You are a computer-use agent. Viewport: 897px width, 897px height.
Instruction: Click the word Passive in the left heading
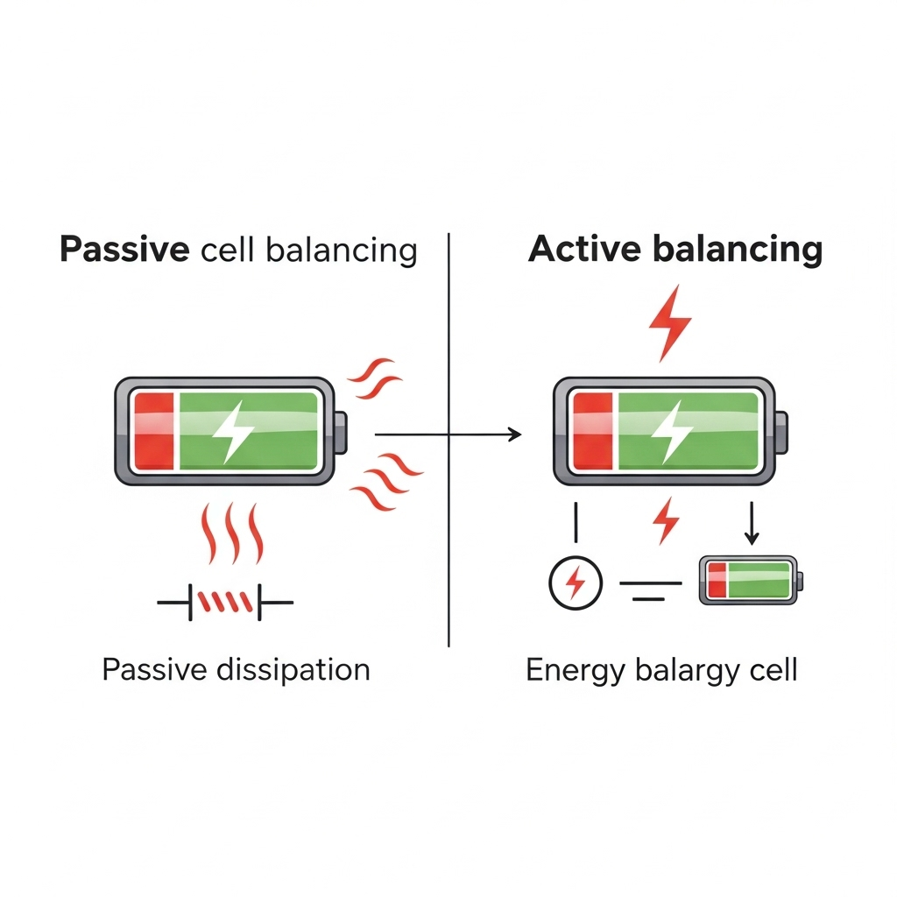click(124, 251)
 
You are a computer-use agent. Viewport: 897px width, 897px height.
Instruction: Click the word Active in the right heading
click(585, 250)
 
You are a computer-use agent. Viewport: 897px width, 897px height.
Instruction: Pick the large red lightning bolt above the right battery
click(670, 322)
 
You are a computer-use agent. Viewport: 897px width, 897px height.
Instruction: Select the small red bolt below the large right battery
click(667, 520)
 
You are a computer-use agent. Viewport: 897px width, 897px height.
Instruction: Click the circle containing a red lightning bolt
click(576, 582)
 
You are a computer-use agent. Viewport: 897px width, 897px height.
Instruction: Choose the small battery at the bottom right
click(751, 581)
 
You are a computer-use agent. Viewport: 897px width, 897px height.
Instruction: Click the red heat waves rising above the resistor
click(233, 534)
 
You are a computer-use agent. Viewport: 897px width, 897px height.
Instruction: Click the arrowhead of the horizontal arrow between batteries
click(515, 434)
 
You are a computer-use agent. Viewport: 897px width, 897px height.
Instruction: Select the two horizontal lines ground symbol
click(649, 590)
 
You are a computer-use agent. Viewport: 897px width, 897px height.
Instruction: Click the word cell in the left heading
click(226, 251)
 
